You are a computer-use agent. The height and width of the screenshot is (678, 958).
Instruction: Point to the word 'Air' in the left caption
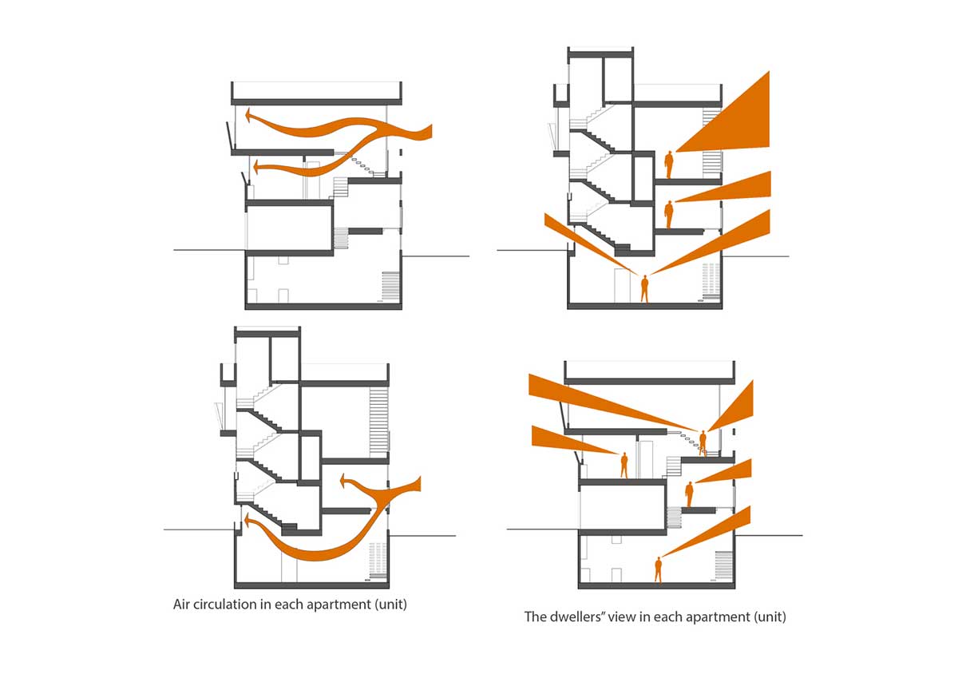point(181,605)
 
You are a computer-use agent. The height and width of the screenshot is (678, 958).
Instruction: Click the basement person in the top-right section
point(644,289)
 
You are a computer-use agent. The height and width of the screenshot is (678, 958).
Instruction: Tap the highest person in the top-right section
point(668,165)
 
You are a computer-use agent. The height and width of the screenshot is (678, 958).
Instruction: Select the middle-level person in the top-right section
point(668,215)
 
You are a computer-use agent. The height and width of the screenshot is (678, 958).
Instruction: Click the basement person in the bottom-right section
point(658,569)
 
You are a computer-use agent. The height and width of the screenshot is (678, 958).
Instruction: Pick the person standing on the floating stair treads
point(703,442)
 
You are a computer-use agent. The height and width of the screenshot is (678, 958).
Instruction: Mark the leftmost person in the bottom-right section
point(624,465)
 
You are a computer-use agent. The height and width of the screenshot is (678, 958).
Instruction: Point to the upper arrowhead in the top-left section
point(248,115)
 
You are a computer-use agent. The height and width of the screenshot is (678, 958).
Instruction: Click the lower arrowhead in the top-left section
point(257,167)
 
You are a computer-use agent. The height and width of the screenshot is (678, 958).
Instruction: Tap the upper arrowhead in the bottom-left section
point(343,481)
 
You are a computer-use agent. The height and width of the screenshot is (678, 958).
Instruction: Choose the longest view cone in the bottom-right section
point(612,402)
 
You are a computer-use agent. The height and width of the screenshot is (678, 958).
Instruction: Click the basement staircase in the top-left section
point(390,286)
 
